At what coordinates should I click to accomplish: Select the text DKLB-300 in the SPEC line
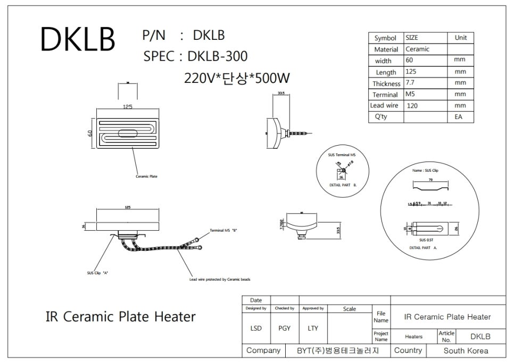[x=218, y=56]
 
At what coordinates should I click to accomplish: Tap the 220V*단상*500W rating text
[x=237, y=78]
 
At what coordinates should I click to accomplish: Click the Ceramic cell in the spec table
[x=418, y=49]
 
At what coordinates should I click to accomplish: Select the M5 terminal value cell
[x=410, y=94]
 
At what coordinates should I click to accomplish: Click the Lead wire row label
[x=385, y=106]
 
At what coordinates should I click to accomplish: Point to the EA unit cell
[x=459, y=117]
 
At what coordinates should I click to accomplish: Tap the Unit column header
[x=460, y=38]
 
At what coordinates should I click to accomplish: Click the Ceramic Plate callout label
[x=146, y=176]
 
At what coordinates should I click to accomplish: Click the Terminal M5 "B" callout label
[x=223, y=230]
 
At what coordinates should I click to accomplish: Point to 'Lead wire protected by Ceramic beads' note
[x=220, y=279]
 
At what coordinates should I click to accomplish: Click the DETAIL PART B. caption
[x=343, y=184]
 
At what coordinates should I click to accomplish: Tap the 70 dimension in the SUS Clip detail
[x=430, y=180]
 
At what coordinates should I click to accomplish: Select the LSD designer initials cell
[x=256, y=328]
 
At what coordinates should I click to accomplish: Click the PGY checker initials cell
[x=284, y=328]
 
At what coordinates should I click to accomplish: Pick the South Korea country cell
[x=466, y=351]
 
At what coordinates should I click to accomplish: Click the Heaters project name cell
[x=413, y=336]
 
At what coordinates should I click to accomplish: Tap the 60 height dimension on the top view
[x=90, y=133]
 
